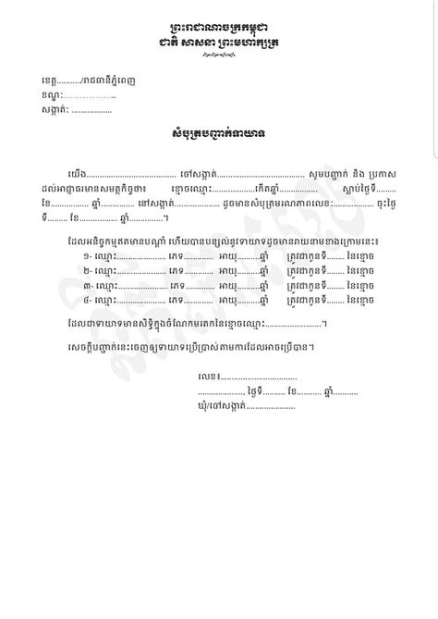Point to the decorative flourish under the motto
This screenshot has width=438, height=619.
[x=219, y=55]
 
